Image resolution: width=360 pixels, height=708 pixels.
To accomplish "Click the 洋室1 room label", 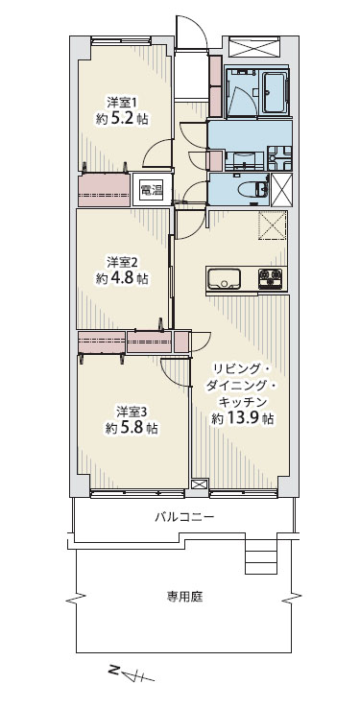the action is pyautogui.click(x=121, y=100).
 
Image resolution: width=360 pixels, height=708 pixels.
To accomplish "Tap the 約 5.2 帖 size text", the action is pyautogui.click(x=122, y=119).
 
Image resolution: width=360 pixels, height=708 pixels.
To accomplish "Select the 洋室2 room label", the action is pyautogui.click(x=122, y=261).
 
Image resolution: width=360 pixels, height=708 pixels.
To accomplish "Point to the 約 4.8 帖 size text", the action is pyautogui.click(x=122, y=278).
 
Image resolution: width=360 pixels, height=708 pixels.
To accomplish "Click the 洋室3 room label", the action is pyautogui.click(x=132, y=411).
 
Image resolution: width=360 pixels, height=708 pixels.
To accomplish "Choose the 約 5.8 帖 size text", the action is pyautogui.click(x=132, y=428).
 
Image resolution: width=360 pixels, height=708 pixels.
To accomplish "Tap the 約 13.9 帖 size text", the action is pyautogui.click(x=243, y=418).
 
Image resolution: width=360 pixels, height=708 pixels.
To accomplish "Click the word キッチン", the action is pyautogui.click(x=244, y=401).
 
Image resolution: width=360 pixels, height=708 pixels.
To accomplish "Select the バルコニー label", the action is pyautogui.click(x=184, y=516).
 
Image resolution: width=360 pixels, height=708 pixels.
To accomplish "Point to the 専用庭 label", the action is pyautogui.click(x=183, y=598).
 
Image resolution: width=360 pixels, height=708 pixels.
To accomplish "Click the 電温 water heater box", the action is pyautogui.click(x=151, y=191).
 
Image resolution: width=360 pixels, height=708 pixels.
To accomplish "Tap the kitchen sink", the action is pyautogui.click(x=223, y=278).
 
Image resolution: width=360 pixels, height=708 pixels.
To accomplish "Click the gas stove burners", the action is pyautogui.click(x=270, y=278).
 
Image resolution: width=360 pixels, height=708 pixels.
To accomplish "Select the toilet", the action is pyautogui.click(x=258, y=189).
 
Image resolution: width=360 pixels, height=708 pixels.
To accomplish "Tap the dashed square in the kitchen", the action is pyautogui.click(x=273, y=224).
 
